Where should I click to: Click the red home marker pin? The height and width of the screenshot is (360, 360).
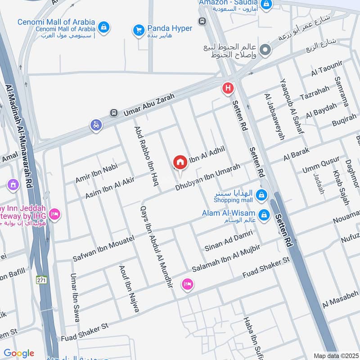pyautogui.click(x=180, y=162)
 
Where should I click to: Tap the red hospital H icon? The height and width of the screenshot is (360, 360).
pyautogui.click(x=228, y=89)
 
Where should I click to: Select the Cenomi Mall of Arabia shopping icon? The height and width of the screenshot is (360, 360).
pyautogui.click(x=104, y=27)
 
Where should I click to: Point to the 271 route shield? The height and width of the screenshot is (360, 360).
pyautogui.click(x=42, y=279)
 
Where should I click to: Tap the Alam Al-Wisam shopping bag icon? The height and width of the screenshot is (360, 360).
pyautogui.click(x=264, y=215)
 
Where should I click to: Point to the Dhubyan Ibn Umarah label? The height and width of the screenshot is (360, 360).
pyautogui.click(x=208, y=177)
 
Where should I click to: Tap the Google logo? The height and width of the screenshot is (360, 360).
pyautogui.click(x=19, y=353)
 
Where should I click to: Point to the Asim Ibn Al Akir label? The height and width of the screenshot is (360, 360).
pyautogui.click(x=110, y=189)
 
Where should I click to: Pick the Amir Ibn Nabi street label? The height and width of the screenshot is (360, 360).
pyautogui.click(x=96, y=173)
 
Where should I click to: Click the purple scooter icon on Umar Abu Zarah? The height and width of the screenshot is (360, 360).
pyautogui.click(x=96, y=126)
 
